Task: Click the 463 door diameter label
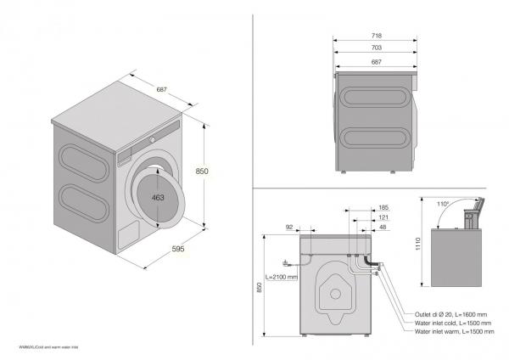pos(158,197)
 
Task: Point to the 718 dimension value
pos(375,36)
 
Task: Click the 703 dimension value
pos(375,48)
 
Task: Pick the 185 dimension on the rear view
pos(383,207)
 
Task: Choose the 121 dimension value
pos(383,217)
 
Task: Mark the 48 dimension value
pos(383,228)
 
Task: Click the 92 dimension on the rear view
pos(289,228)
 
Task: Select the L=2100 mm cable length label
pos(282,277)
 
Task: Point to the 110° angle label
pos(441,204)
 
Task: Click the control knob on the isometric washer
pos(154,138)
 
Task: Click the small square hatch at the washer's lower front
pos(126,234)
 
